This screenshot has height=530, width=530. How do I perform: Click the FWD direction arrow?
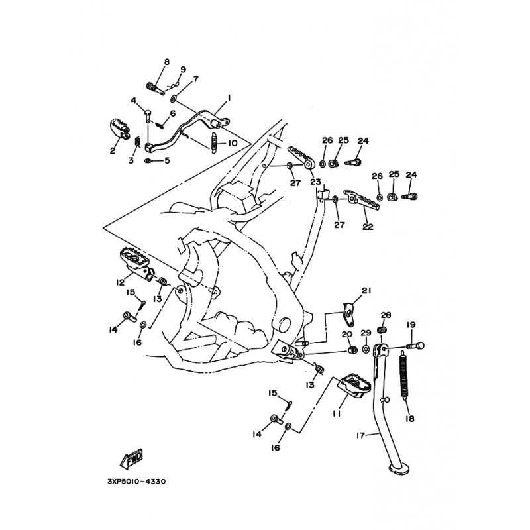pyautogui.click(x=131, y=458)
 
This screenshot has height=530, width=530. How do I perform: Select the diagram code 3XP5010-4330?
pyautogui.click(x=136, y=482)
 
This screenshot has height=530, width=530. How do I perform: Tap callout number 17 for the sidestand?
pyautogui.click(x=361, y=435)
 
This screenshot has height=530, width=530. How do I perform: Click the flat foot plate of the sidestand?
pyautogui.click(x=399, y=469)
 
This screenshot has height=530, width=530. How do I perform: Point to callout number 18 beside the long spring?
pyautogui.click(x=409, y=419)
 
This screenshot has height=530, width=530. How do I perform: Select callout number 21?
pyautogui.click(x=366, y=290)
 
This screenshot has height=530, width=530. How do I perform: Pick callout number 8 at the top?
pyautogui.click(x=167, y=62)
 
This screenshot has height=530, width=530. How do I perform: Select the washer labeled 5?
pyautogui.click(x=148, y=160)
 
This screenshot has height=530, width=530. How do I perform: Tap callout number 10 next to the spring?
pyautogui.click(x=233, y=143)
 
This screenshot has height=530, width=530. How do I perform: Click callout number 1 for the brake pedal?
pyautogui.click(x=229, y=98)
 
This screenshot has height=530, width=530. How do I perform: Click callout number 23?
pyautogui.click(x=316, y=182)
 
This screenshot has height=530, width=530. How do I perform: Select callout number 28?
pyautogui.click(x=386, y=315)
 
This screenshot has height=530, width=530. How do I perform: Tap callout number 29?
pyautogui.click(x=366, y=333)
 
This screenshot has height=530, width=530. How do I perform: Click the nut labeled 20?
pyautogui.click(x=352, y=350)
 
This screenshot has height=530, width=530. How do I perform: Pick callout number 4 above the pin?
pyautogui.click(x=134, y=101)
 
